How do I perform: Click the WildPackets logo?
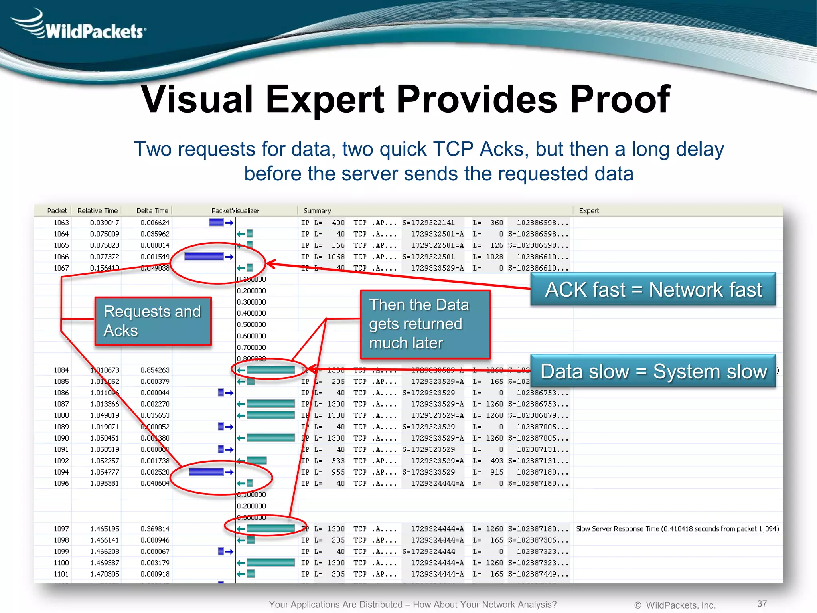click(80, 26)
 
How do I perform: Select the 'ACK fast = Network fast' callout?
click(653, 289)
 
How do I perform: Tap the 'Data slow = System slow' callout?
click(653, 371)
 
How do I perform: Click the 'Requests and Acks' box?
click(153, 321)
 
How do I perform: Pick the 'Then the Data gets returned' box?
click(425, 324)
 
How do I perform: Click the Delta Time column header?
click(152, 211)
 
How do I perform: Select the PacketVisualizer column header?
click(235, 211)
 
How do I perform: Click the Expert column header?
click(589, 211)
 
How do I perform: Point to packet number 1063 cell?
click(61, 223)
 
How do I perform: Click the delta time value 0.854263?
click(155, 370)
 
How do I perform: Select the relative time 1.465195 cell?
click(105, 529)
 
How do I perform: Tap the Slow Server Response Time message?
click(677, 529)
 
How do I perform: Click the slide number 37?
click(762, 603)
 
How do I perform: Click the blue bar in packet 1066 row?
click(204, 257)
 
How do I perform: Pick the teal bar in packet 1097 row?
click(270, 529)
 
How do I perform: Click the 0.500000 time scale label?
click(251, 325)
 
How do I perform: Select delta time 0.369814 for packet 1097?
click(155, 529)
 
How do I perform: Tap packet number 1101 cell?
click(61, 574)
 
